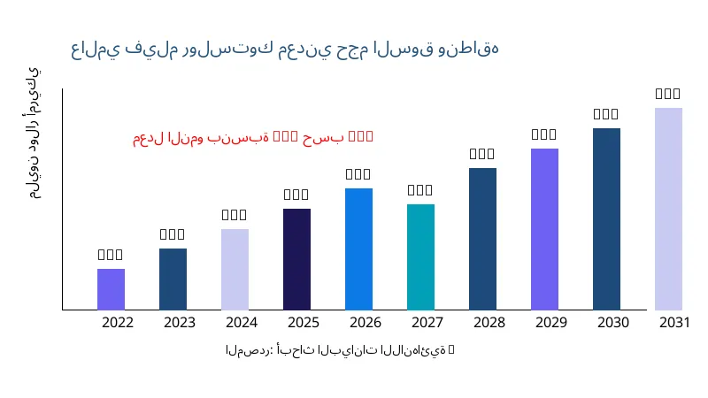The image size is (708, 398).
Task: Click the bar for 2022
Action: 111,289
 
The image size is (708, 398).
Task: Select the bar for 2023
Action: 173,279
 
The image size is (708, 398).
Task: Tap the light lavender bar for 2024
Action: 235,269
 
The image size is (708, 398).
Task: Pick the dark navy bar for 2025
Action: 296,259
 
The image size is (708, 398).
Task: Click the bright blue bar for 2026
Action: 358,249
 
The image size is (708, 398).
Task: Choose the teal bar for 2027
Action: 420,256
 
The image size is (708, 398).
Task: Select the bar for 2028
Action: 482,239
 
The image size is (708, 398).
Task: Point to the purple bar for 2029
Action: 544,229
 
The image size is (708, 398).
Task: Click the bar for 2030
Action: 606,218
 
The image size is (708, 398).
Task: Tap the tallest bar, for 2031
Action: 668,209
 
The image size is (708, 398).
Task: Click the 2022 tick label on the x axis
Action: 118,323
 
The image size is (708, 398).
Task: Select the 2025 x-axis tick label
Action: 304,323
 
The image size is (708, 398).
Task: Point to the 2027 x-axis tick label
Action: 427,323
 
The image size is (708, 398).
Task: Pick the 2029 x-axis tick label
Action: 551,323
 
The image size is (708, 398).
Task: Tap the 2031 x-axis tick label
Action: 675,323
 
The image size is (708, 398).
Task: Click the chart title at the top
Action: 284,49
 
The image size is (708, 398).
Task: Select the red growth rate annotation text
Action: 253,137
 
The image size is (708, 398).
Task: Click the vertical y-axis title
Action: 33,133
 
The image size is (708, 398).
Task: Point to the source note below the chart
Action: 340,350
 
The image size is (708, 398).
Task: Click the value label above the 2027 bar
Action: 420,190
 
